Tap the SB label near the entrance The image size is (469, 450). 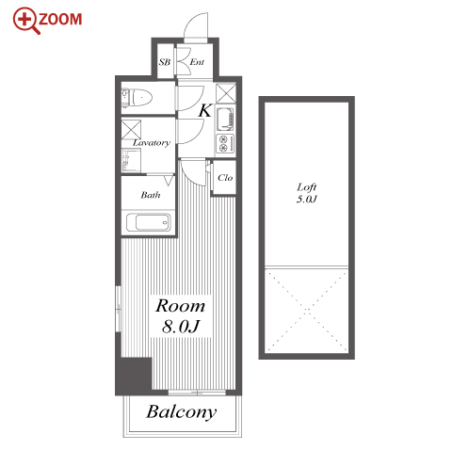pyautogui.click(x=165, y=62)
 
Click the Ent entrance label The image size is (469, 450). pyautogui.click(x=197, y=62)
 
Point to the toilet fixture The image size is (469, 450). pyautogui.click(x=137, y=97)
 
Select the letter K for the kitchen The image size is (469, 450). pyautogui.click(x=205, y=110)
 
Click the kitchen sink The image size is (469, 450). pyautogui.click(x=225, y=120)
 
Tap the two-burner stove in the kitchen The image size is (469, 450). pyautogui.click(x=225, y=144)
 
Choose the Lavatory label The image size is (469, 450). pyautogui.click(x=152, y=143)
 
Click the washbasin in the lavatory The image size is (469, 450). pyautogui.click(x=131, y=160)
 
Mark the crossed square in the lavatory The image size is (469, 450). pyautogui.click(x=131, y=129)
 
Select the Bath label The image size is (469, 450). pyautogui.click(x=151, y=195)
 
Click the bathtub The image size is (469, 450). pyautogui.click(x=149, y=222)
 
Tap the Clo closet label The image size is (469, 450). pyautogui.click(x=225, y=178)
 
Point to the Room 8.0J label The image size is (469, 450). pyautogui.click(x=181, y=315)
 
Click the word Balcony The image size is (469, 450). pyautogui.click(x=182, y=412)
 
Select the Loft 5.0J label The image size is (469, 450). pyautogui.click(x=307, y=193)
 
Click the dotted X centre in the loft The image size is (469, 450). pyautogui.click(x=307, y=310)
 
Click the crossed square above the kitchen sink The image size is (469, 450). pyautogui.click(x=226, y=93)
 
